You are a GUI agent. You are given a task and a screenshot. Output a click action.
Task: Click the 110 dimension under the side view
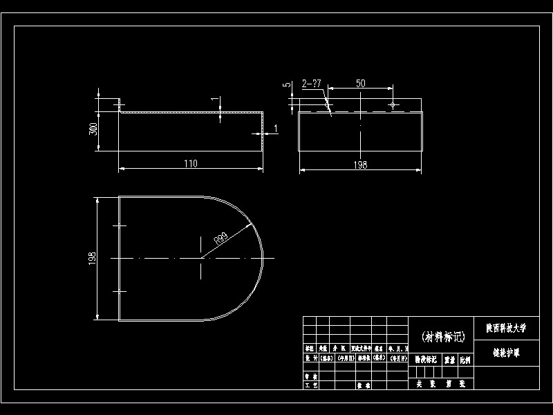pos(191,163)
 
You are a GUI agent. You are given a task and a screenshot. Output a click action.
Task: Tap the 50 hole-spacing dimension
pos(360,83)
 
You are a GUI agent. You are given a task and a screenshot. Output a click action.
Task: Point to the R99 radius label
pos(222,239)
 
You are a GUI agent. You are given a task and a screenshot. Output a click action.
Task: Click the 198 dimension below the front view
pos(359,165)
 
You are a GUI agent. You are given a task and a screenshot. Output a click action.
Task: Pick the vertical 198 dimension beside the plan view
pos(93,258)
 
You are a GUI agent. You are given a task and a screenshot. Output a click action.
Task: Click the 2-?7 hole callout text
pos(312,83)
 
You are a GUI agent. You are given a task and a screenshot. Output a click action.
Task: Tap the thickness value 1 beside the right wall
pos(276,129)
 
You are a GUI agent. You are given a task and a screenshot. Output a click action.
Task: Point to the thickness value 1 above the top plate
pos(213,101)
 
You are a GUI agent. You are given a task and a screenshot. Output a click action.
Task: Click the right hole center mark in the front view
pos(393,105)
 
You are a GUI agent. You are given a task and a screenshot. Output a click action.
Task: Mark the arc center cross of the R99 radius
pos(200,258)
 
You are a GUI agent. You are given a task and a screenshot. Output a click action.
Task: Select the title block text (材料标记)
pos(443,337)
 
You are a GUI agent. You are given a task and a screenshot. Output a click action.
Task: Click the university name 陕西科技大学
pos(506,328)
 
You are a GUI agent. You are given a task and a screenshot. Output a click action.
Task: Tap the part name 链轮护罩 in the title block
pos(506,352)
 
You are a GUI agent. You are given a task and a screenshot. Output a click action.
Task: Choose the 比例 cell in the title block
pos(465,360)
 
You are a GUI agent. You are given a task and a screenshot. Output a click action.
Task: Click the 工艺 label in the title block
pos(311,385)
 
